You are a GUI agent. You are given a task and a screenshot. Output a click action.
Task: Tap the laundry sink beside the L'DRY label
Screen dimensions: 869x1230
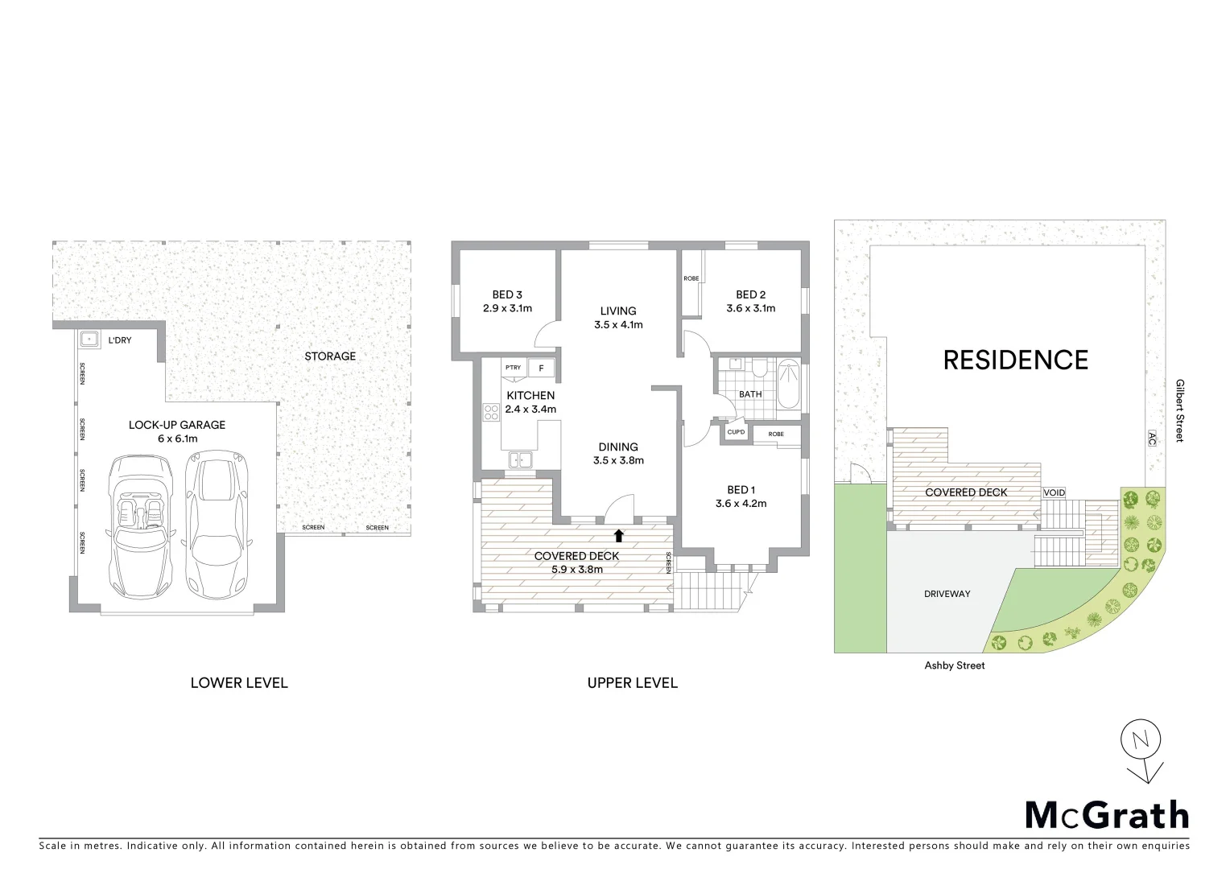pyautogui.click(x=89, y=340)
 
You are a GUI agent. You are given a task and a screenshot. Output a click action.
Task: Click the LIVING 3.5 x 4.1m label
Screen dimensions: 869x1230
pyautogui.click(x=618, y=318)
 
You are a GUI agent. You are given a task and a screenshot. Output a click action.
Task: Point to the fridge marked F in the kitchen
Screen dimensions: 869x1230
pyautogui.click(x=541, y=368)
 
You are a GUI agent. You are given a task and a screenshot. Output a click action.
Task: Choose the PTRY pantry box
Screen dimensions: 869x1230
pyautogui.click(x=513, y=368)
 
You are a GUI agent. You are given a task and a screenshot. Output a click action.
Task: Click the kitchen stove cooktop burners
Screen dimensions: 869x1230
pyautogui.click(x=491, y=412)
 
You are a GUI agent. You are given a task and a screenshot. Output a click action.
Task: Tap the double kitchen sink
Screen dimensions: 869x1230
pyautogui.click(x=520, y=460)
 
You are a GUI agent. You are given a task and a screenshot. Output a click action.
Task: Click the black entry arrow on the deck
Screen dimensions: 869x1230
pyautogui.click(x=618, y=535)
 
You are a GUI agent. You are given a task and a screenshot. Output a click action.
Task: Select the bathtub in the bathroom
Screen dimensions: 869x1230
pyautogui.click(x=789, y=386)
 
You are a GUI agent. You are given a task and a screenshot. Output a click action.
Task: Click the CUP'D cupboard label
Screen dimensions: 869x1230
pyautogui.click(x=736, y=433)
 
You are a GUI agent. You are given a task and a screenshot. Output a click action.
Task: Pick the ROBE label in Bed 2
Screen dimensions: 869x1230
pyautogui.click(x=691, y=278)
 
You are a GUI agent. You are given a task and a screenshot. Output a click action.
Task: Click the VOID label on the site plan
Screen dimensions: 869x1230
pyautogui.click(x=1054, y=492)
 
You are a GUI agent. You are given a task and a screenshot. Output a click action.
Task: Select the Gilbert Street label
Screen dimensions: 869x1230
pyautogui.click(x=1178, y=410)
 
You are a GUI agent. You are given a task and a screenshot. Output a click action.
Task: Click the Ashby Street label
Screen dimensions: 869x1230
pyautogui.click(x=954, y=665)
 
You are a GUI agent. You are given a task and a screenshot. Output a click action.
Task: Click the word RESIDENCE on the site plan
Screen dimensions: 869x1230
pyautogui.click(x=1015, y=360)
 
